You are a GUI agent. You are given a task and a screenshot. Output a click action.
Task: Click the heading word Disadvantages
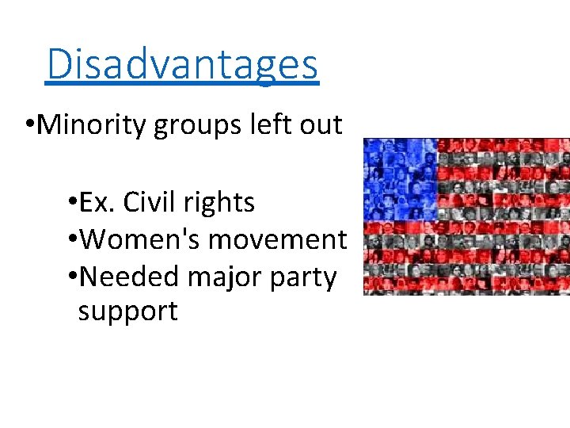click(x=182, y=64)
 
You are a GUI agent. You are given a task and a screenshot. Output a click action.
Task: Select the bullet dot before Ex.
click(x=73, y=204)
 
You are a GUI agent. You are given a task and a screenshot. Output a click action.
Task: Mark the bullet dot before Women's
click(x=73, y=239)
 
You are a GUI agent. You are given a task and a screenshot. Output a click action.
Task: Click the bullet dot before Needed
click(x=73, y=276)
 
